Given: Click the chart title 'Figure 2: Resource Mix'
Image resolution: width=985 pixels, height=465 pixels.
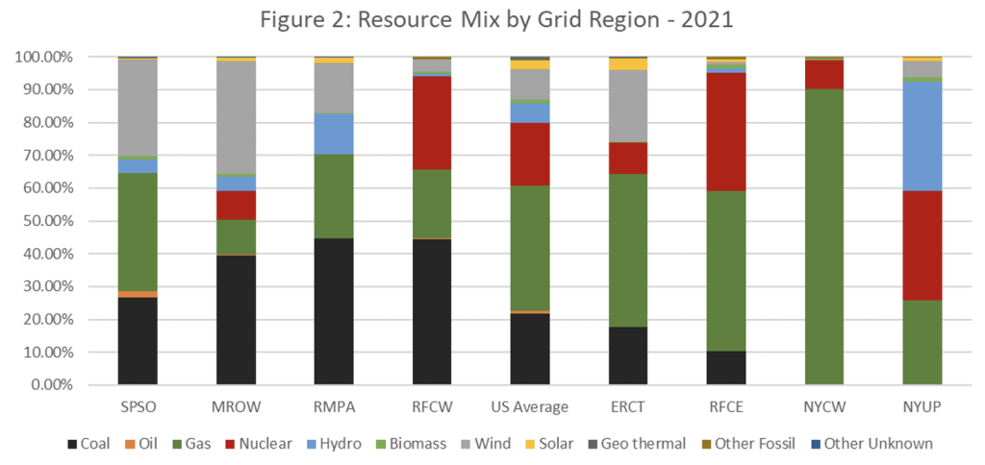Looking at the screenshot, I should coord(492,20).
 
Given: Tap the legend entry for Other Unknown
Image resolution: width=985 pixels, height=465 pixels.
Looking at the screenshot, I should coord(871,444).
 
